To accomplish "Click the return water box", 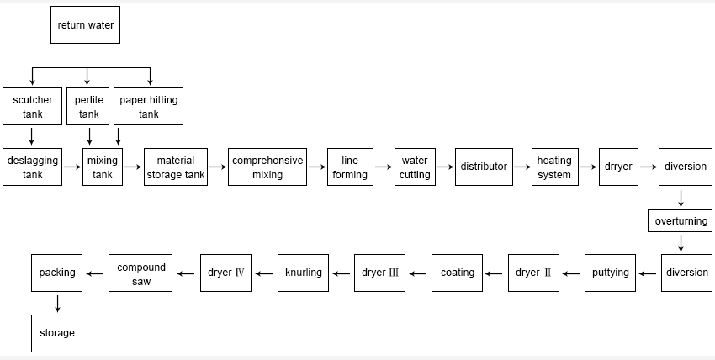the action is (x=85, y=24).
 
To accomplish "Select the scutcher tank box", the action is (x=32, y=106).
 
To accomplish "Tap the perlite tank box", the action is (x=88, y=106).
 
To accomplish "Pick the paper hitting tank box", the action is (x=148, y=106).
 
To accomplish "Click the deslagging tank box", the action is (x=32, y=167).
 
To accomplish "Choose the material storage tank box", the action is (x=176, y=167).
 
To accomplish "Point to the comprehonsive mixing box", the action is (x=267, y=167).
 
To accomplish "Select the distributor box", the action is (x=484, y=167).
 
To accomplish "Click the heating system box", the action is (x=555, y=167).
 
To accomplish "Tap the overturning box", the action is (x=681, y=221).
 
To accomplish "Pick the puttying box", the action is (x=610, y=273).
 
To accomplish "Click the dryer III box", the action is (x=380, y=273).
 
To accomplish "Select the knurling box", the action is (x=303, y=273).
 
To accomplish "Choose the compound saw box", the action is (x=140, y=273).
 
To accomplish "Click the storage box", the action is (x=57, y=333).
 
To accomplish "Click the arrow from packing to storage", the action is (x=57, y=304).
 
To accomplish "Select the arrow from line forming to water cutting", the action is (x=384, y=167).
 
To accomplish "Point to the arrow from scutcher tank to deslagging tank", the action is (x=31, y=136).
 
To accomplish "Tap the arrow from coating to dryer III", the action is (x=418, y=274).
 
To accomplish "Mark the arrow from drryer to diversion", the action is (x=649, y=167).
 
